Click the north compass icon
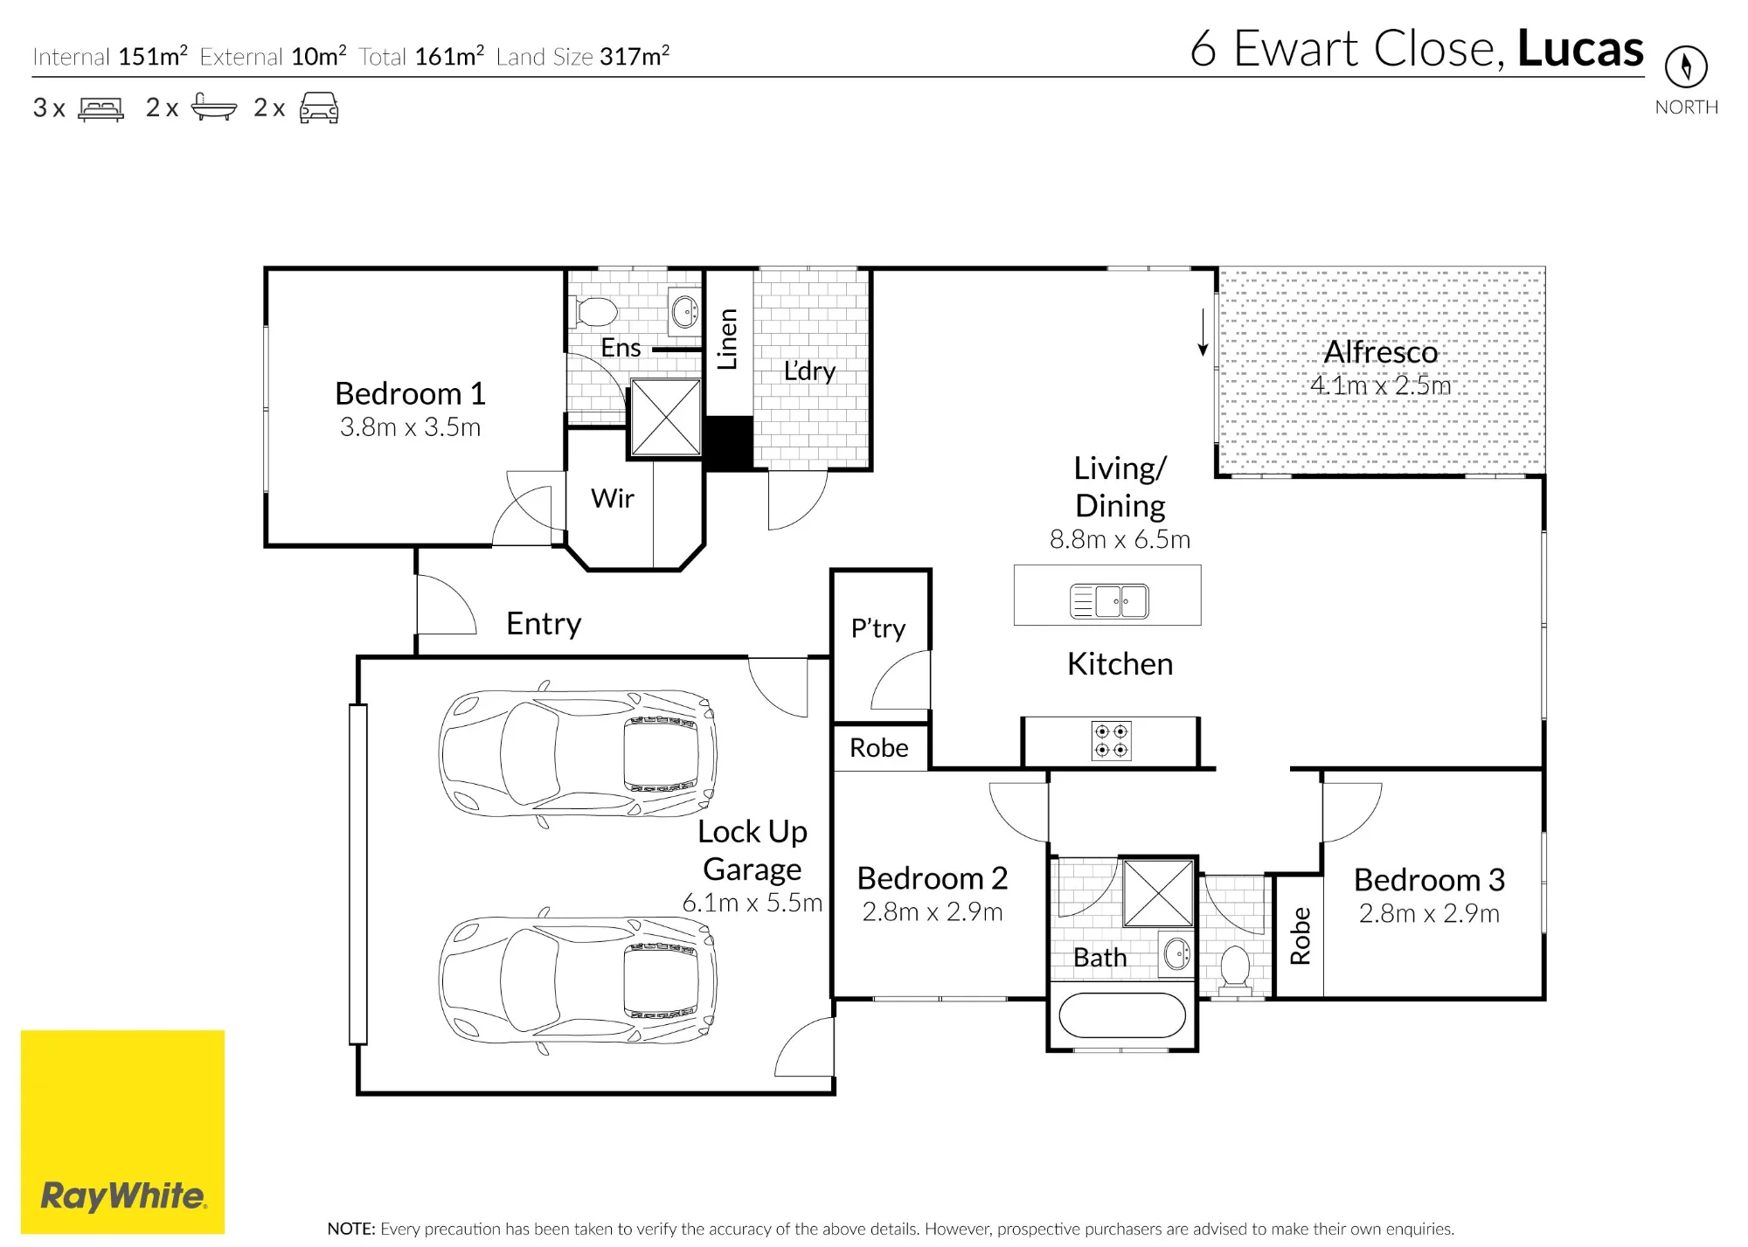click(1686, 66)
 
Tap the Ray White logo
click(122, 1132)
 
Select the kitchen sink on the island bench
click(1109, 601)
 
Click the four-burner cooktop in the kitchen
click(1111, 740)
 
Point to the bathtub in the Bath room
click(1122, 1015)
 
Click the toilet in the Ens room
click(597, 311)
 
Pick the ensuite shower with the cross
click(666, 417)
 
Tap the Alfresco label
click(1381, 351)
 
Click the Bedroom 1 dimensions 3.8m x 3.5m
click(410, 427)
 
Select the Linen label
click(727, 339)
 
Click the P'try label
click(878, 628)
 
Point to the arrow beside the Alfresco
click(1203, 332)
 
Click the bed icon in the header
click(101, 108)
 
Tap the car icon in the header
click(319, 107)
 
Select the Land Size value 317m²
click(635, 56)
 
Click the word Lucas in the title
click(1580, 48)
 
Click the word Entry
click(544, 624)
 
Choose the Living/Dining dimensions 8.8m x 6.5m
click(1120, 539)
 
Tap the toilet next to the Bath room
click(1235, 966)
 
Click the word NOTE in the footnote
click(351, 1229)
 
